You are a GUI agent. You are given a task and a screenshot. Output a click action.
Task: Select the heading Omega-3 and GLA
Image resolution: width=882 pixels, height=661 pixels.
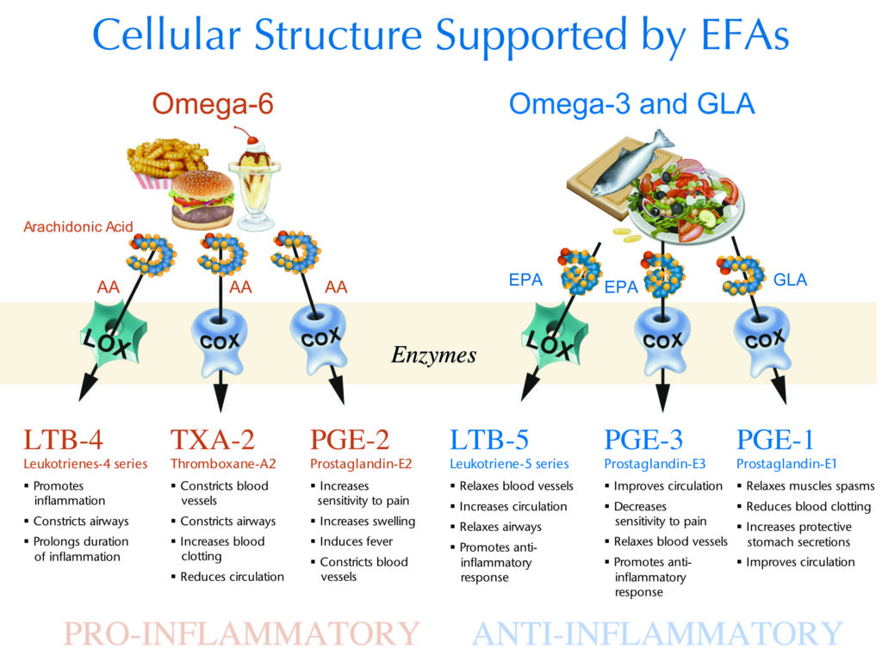point(631,105)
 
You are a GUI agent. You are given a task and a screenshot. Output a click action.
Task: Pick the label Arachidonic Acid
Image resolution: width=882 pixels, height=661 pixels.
point(78,227)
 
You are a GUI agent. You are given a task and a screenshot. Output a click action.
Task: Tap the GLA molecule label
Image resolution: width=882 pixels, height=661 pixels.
point(790,281)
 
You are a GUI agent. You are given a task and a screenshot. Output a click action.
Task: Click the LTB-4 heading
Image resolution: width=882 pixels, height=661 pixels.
point(63,440)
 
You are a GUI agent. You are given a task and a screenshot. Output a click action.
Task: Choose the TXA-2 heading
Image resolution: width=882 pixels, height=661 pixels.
point(212,440)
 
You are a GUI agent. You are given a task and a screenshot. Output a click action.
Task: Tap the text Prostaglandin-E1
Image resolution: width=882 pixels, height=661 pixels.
point(787,464)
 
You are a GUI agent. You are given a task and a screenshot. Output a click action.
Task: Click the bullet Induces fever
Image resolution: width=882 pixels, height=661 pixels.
point(356,541)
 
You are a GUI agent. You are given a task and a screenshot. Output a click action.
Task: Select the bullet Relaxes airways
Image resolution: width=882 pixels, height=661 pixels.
point(500,527)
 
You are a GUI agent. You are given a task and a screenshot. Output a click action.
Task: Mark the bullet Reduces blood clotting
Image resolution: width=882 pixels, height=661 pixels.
point(808,506)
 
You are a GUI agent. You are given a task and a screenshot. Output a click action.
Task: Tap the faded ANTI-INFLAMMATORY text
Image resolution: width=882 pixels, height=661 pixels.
point(657,634)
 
